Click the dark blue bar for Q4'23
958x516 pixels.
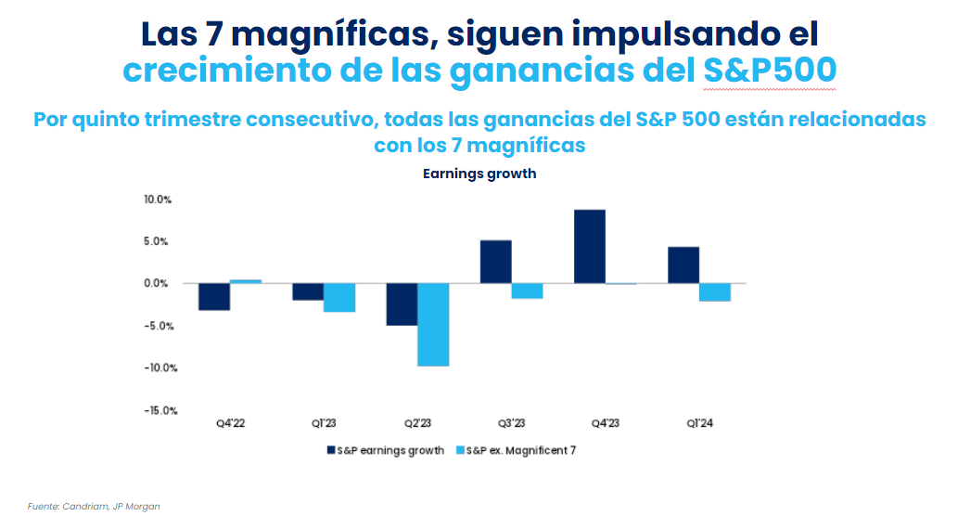coord(590,247)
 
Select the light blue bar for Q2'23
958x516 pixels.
coord(433,325)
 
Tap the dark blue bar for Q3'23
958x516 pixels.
coord(496,262)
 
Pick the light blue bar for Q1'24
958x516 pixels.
coord(714,292)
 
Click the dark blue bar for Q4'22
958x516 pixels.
coord(214,297)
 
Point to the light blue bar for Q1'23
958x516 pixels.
coord(339,298)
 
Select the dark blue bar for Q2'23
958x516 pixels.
coord(402,304)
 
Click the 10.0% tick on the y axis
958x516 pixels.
coord(157,200)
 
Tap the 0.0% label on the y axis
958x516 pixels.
coord(159,284)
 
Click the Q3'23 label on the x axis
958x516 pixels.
coord(512,423)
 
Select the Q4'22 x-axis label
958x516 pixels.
coord(230,423)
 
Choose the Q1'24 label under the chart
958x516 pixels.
coord(698,423)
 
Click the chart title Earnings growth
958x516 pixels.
coord(479,174)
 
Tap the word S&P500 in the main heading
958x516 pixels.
coord(770,71)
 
